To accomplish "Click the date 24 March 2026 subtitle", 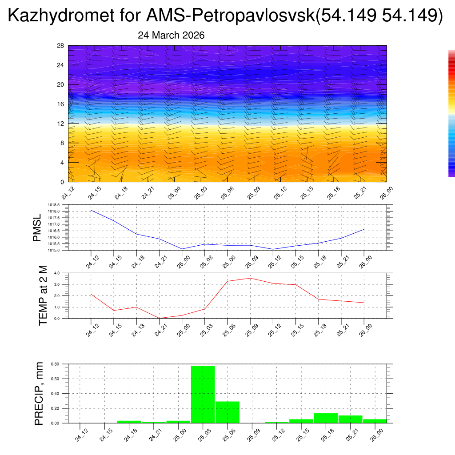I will (171, 36).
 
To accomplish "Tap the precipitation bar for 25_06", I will (227, 412).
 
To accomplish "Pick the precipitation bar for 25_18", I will (326, 418).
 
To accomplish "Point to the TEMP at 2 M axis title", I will (43, 295).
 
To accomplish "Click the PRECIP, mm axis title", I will (39, 393).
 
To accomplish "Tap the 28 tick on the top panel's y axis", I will (61, 46).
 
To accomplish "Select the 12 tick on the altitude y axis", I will (61, 124).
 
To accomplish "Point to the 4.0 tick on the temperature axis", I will (56, 273).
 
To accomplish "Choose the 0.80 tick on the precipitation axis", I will (55, 364).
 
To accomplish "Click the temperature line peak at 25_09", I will (250, 278).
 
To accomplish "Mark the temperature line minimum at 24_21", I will (159, 318).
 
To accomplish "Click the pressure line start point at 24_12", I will (91, 210).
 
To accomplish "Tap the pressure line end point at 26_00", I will (364, 229).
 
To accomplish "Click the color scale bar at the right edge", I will (451, 113).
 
